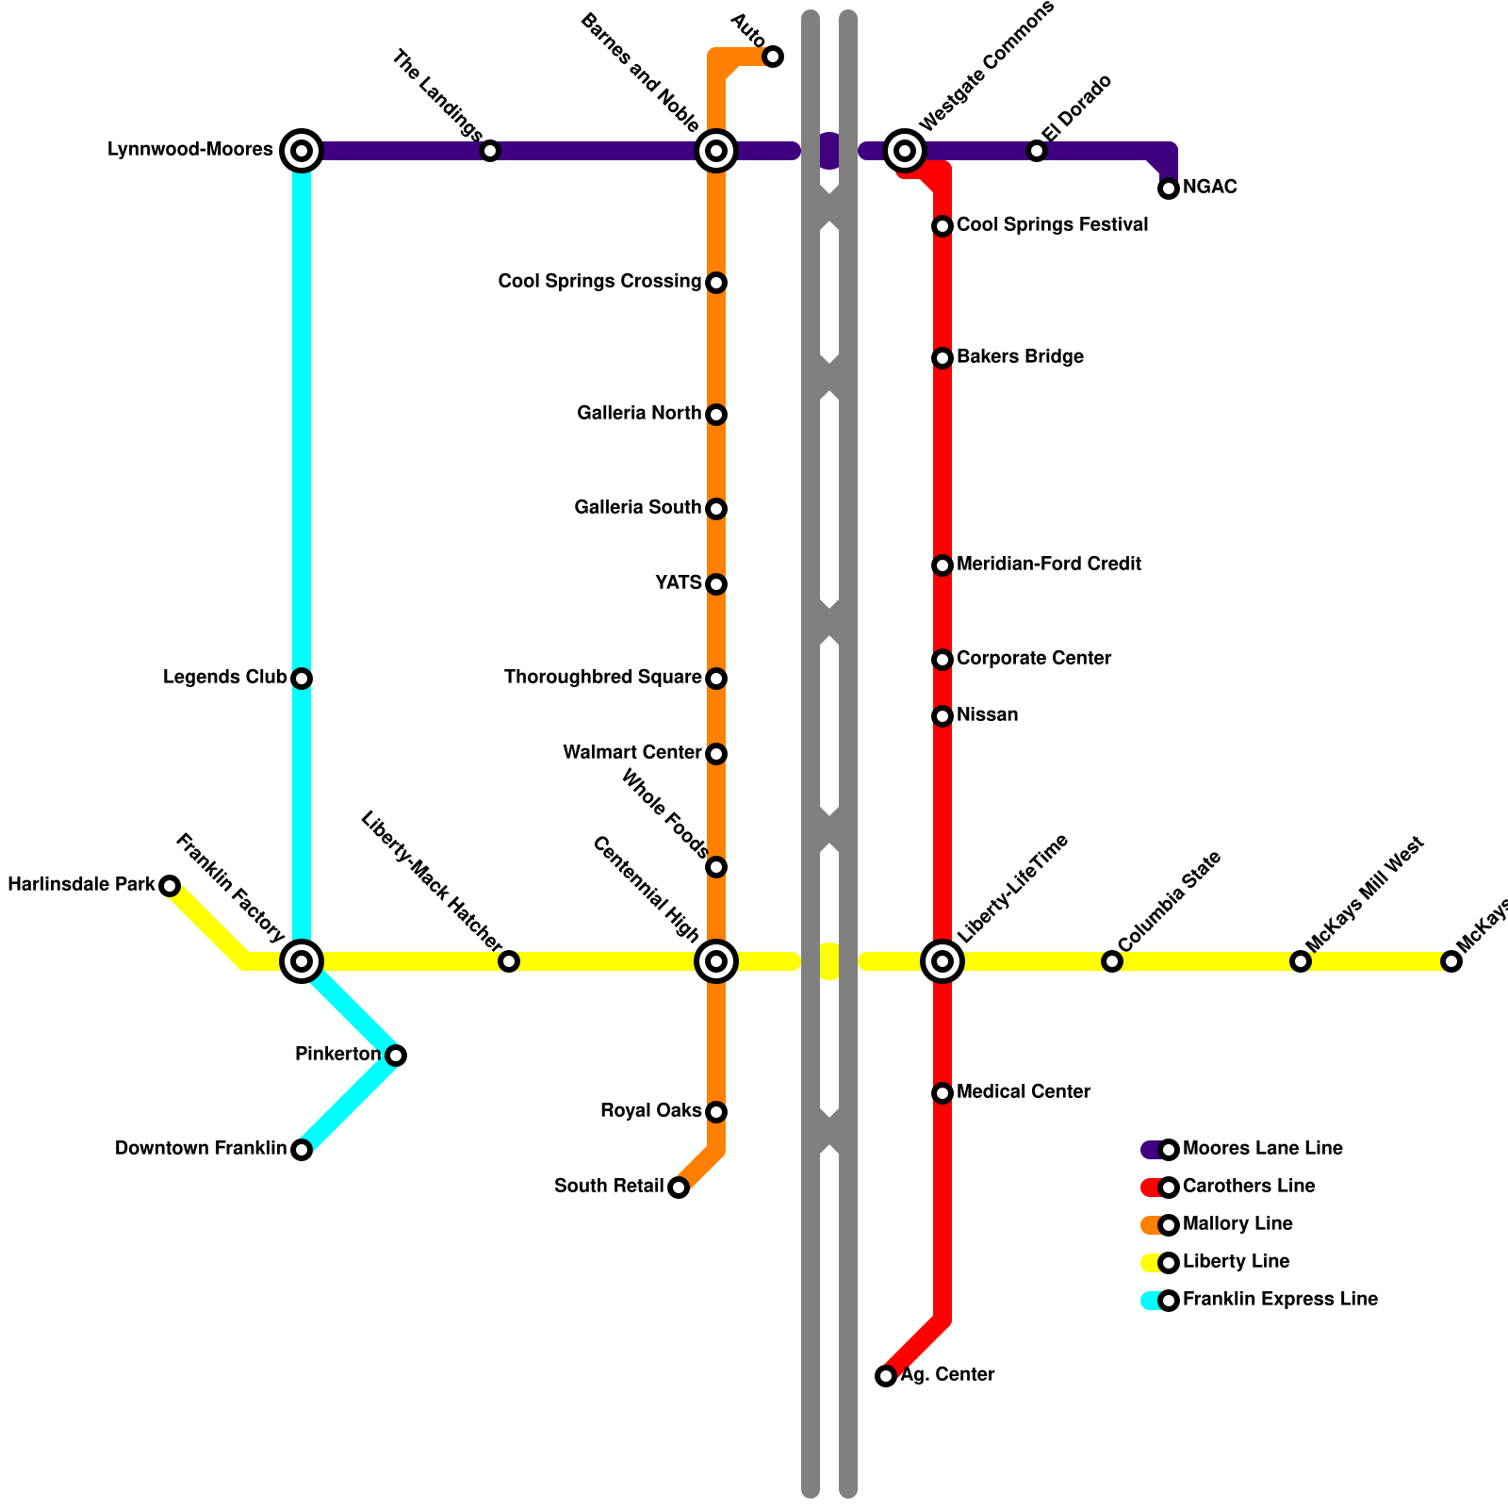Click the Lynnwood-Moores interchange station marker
click(x=302, y=151)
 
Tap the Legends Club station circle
click(x=302, y=679)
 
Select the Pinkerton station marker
click(x=396, y=1056)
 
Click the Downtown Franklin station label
click(x=201, y=1149)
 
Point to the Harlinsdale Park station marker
click(x=170, y=886)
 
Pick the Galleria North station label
click(x=639, y=414)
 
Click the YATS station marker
click(x=716, y=584)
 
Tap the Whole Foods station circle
click(x=716, y=867)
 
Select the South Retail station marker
click(x=679, y=1188)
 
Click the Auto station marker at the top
click(x=773, y=57)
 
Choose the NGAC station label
click(x=1210, y=188)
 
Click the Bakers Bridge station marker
click(x=942, y=358)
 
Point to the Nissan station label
click(x=987, y=715)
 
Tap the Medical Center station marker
click(x=942, y=1093)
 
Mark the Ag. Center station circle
click(x=886, y=1376)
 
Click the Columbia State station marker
click(x=1112, y=961)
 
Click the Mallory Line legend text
click(x=1238, y=1224)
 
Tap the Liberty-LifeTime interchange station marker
click(x=942, y=961)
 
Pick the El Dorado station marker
click(x=1037, y=151)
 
